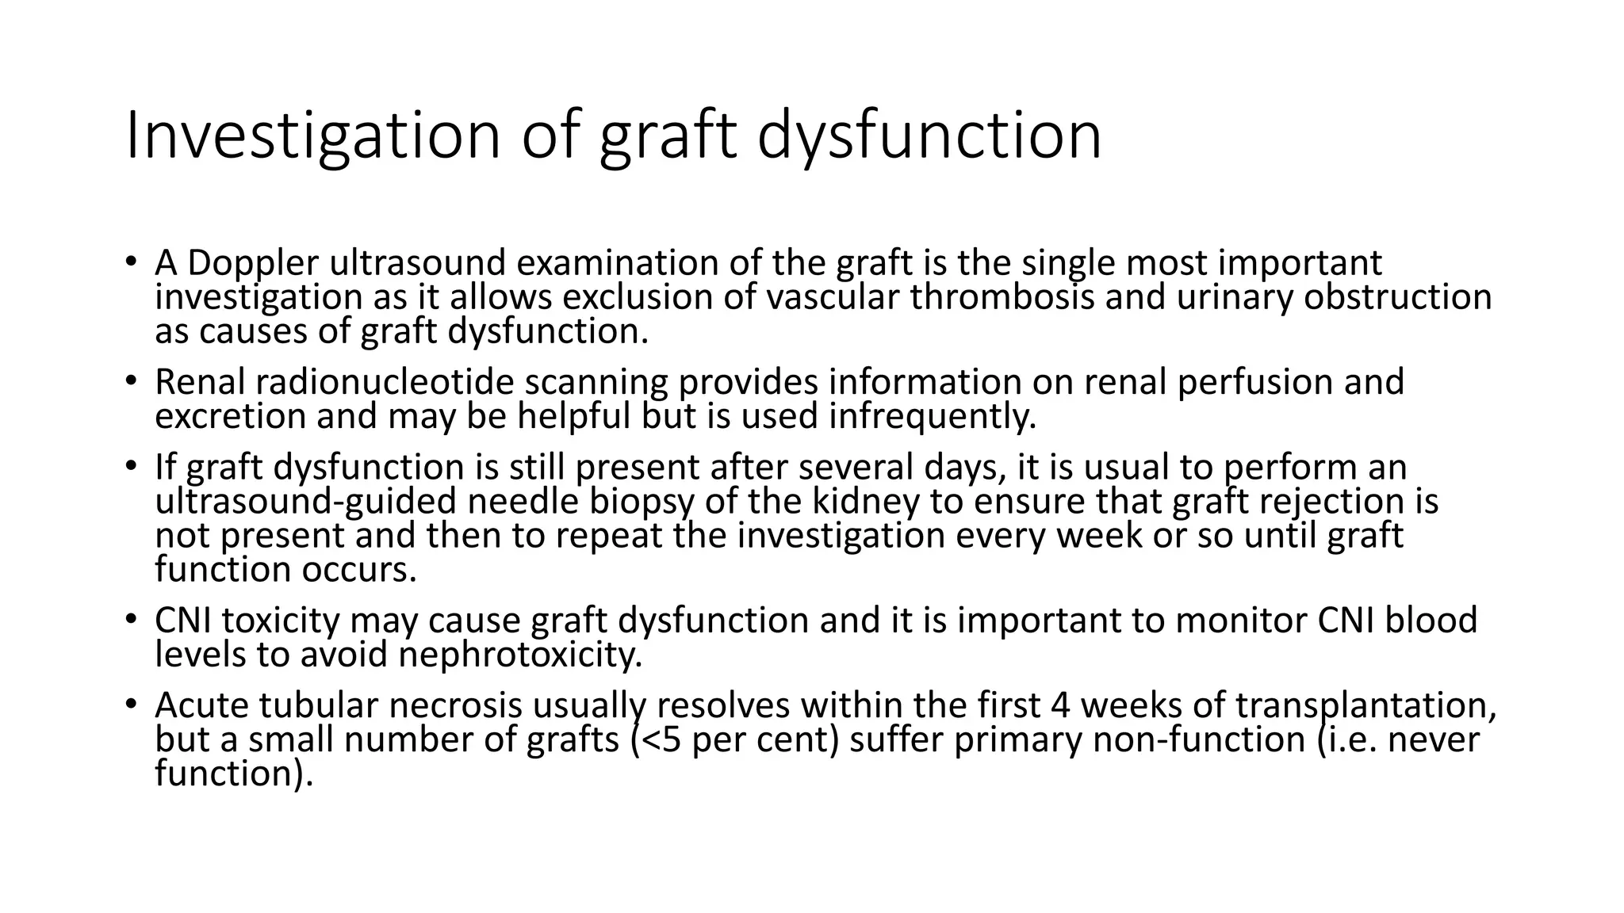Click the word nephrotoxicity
click(520, 655)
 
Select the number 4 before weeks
click(1060, 705)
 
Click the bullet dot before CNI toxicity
click(131, 621)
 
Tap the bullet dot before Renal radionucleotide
click(131, 382)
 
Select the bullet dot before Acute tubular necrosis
click(131, 705)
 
